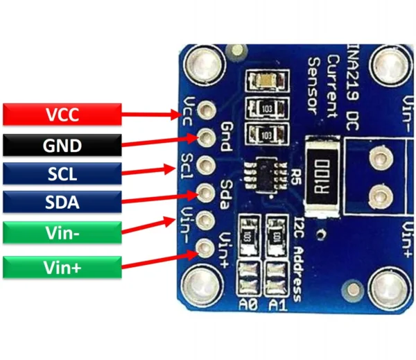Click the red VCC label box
pyautogui.click(x=62, y=114)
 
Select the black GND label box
pyautogui.click(x=62, y=145)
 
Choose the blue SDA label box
pyautogui.click(x=62, y=202)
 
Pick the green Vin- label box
pyautogui.click(x=62, y=232)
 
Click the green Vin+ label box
pyautogui.click(x=62, y=267)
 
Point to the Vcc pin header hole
pyautogui.click(x=206, y=110)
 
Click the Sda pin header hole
pyautogui.click(x=206, y=191)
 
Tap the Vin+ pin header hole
pyautogui.click(x=206, y=246)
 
